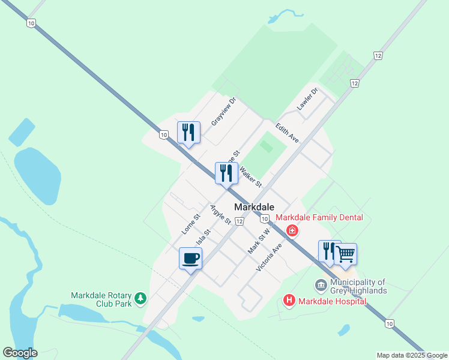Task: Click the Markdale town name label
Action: point(254,207)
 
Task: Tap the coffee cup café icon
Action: point(190,259)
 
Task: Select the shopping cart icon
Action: point(345,254)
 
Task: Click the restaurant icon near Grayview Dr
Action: point(188,133)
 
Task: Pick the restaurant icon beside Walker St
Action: point(226,173)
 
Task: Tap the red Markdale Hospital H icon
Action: point(289,301)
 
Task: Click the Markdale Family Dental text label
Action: point(319,217)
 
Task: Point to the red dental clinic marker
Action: point(292,230)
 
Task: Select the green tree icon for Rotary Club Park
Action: point(140,299)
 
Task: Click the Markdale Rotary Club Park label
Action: point(101,299)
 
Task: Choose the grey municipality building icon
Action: point(321,284)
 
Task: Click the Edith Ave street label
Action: point(287,133)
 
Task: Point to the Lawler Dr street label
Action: point(307,100)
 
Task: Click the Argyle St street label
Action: point(220,214)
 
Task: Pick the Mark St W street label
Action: point(259,239)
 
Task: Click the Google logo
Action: point(20,353)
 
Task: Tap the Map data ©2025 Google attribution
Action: point(412,355)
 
